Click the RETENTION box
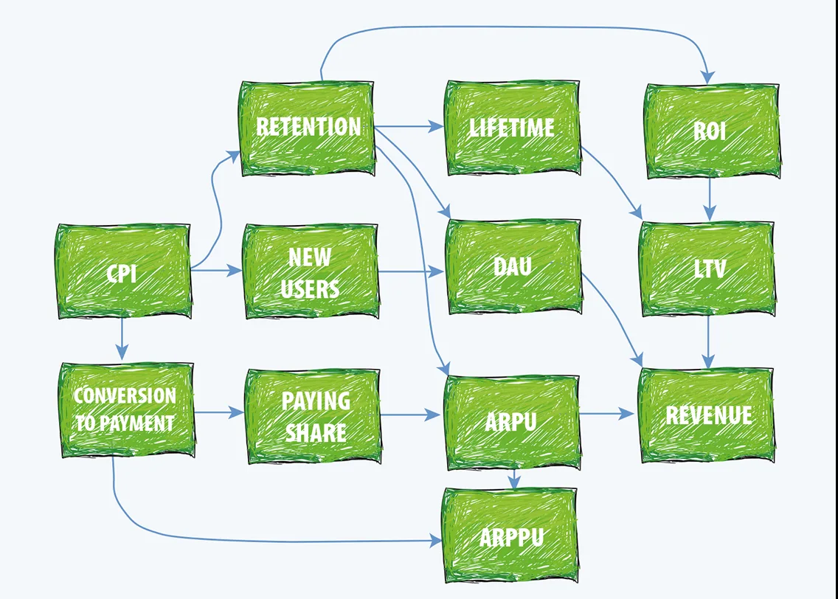coord(308,128)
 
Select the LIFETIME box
coord(513,128)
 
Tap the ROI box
coord(712,131)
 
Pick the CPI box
coord(124,271)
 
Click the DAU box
coord(513,266)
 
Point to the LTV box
coord(707,269)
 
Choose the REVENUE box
coord(707,415)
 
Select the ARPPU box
coord(510,535)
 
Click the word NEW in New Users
coord(310,257)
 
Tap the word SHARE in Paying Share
coord(316,432)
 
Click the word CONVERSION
coord(125,396)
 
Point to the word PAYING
coord(316,401)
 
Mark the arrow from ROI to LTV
coord(709,199)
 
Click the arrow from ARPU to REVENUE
coord(606,413)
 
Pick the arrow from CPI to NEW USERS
coord(216,271)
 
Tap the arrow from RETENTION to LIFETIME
coord(409,127)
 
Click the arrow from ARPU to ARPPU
coord(513,479)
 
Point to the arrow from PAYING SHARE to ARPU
coord(410,414)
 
